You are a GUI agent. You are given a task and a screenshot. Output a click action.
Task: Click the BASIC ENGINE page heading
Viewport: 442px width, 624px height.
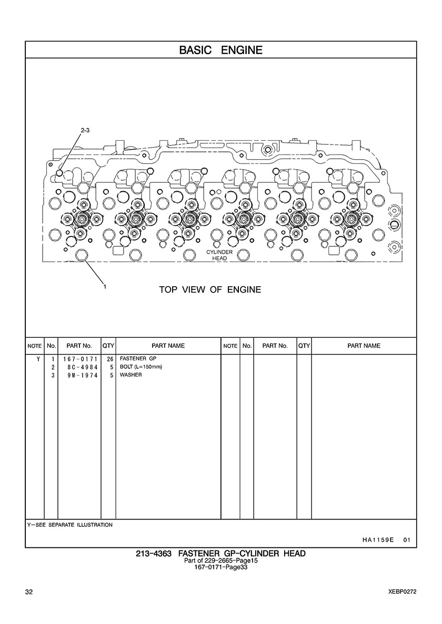coord(221,50)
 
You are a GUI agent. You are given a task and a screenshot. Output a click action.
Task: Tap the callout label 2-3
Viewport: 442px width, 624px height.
coord(85,130)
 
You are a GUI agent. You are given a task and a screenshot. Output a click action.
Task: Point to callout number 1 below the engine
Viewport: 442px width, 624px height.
coord(104,286)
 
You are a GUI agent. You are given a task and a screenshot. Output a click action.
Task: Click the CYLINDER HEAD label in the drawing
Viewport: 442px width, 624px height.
coord(219,255)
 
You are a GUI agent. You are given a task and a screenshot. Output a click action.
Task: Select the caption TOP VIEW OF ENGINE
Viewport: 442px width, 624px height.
coord(210,290)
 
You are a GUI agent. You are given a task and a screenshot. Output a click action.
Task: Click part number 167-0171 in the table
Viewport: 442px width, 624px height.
coord(80,359)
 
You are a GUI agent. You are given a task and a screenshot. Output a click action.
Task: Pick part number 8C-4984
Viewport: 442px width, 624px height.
coord(83,367)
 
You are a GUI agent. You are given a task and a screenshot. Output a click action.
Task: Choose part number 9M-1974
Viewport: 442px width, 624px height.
coord(83,375)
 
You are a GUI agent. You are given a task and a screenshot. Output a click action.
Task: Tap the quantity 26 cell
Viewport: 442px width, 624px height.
coord(110,359)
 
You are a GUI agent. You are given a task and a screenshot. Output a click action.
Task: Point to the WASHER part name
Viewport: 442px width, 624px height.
coord(130,375)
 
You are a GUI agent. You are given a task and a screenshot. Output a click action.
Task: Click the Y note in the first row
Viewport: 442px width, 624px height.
coord(38,359)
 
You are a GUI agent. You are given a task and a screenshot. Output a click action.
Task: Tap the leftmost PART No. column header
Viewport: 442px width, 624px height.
coord(79,346)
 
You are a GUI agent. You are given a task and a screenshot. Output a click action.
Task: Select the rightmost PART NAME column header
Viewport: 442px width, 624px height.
coord(364,346)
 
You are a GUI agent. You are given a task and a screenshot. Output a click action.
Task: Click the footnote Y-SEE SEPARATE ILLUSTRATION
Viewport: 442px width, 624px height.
coord(70,525)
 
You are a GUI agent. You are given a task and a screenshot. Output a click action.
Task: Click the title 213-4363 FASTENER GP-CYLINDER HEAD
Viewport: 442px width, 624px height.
coord(221,553)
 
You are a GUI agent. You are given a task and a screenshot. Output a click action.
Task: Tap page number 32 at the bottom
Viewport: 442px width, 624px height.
coord(29,592)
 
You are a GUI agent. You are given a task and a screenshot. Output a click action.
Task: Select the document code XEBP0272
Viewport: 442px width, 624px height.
coord(403,592)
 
